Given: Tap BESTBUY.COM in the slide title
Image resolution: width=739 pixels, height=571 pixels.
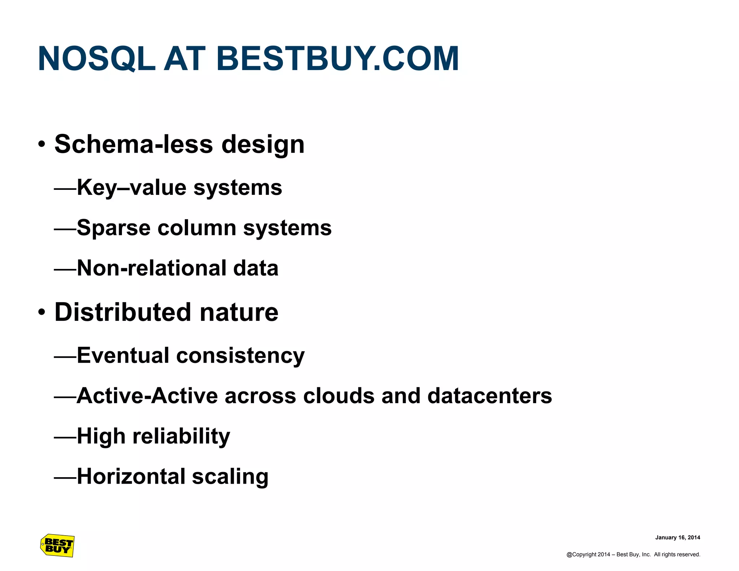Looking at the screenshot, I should click(337, 59).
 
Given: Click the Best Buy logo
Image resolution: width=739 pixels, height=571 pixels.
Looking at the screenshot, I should click(57, 545).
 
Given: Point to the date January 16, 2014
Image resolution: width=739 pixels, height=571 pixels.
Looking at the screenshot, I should click(677, 537).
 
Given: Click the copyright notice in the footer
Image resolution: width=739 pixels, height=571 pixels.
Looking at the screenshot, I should click(633, 554).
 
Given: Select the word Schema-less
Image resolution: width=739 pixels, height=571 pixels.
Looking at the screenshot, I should click(134, 144).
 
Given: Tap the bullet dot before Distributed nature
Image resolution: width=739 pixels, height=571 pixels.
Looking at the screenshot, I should click(42, 313).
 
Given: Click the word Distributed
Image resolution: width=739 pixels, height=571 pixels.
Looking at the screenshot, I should click(122, 312).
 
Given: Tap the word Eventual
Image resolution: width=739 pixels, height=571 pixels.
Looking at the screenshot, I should click(123, 356).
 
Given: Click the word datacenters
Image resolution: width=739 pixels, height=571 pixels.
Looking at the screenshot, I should click(490, 396).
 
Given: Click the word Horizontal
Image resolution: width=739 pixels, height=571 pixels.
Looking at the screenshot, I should click(131, 476).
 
